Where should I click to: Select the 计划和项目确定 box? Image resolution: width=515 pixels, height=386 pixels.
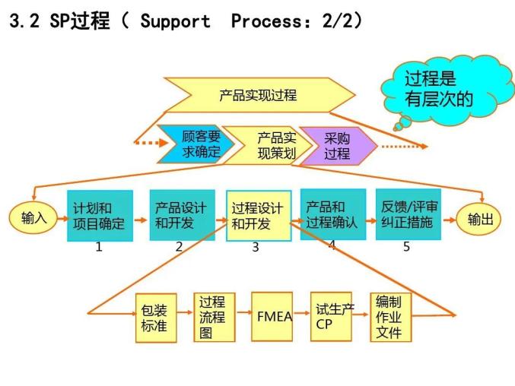pyautogui.click(x=100, y=216)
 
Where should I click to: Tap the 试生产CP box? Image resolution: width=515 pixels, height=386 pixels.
pyautogui.click(x=332, y=315)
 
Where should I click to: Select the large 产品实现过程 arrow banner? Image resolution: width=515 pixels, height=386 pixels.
pyautogui.click(x=259, y=95)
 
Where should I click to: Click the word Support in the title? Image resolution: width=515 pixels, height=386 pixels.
pyautogui.click(x=175, y=21)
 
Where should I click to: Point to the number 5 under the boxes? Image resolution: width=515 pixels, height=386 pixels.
pyautogui.click(x=406, y=246)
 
